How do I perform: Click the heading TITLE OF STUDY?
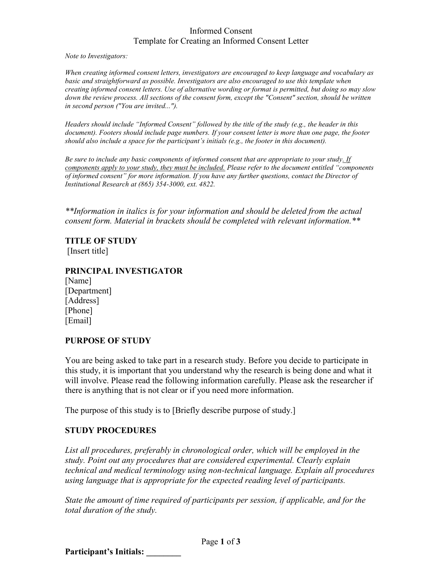101,241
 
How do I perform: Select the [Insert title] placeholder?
88,251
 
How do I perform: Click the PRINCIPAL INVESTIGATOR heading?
124,271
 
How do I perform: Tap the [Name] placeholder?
78,281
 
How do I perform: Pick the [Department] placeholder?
88,291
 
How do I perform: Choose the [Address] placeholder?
82,300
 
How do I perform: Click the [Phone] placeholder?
79,310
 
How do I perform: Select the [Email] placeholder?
78,320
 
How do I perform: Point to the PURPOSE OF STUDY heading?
108,341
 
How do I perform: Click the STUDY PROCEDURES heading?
111,430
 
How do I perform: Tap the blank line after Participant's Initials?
164,552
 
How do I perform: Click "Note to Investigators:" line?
96,56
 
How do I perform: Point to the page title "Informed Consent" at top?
221,31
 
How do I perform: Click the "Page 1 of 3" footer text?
221,542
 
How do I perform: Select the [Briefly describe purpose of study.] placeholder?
234,411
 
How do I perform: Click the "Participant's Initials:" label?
104,552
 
